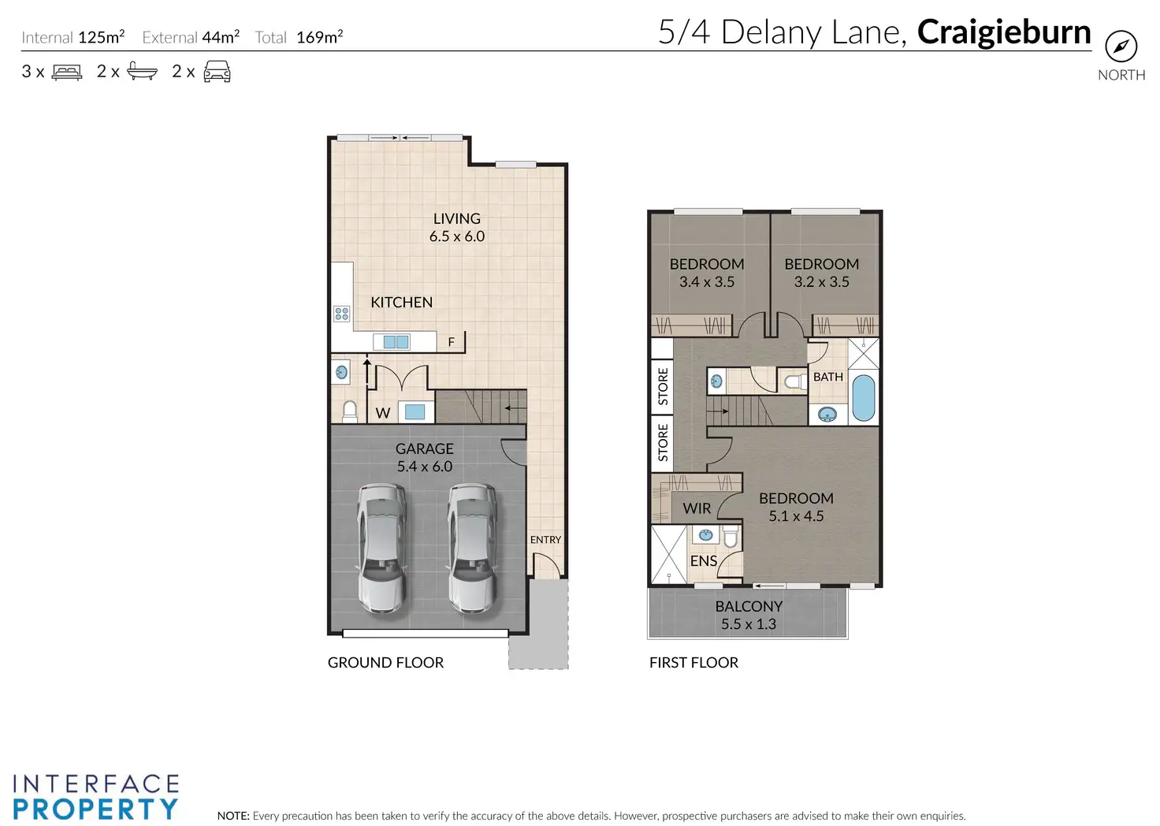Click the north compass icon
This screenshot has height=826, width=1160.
[1121, 47]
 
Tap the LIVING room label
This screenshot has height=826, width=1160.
[457, 218]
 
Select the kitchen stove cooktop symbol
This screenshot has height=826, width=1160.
[342, 314]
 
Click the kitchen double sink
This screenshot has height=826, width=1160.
[396, 342]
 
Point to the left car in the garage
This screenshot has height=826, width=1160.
[382, 549]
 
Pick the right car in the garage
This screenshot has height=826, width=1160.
[473, 549]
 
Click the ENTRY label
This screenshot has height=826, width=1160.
[545, 540]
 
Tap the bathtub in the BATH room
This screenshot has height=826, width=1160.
[863, 397]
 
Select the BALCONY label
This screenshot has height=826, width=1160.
[749, 606]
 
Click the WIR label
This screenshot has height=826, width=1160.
[697, 508]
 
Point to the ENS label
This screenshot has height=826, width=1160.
[703, 561]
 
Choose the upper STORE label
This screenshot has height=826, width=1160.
[663, 386]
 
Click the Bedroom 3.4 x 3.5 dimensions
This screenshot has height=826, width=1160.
[707, 281]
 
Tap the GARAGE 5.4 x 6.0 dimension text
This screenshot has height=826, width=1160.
[425, 466]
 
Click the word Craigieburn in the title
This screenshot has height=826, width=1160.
[1004, 32]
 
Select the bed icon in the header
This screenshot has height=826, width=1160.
[67, 72]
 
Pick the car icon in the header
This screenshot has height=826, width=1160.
[217, 72]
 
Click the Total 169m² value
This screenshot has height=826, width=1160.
[319, 37]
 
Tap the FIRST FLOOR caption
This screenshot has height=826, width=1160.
[694, 662]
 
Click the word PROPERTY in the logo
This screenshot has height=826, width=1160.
[96, 809]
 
